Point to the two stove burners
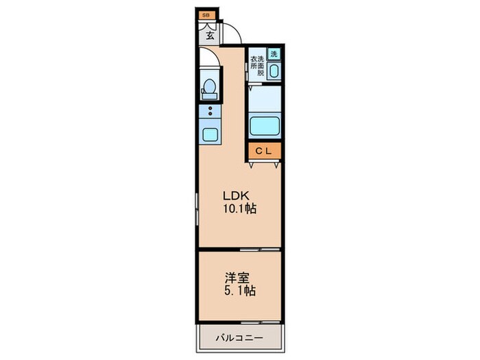pos(210,112)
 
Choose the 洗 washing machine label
pos(274,54)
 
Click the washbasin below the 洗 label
pos(274,70)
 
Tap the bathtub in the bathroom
pos(264,127)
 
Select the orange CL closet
pos(264,151)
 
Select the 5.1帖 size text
pos(240,291)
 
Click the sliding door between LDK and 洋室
pos(261,248)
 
